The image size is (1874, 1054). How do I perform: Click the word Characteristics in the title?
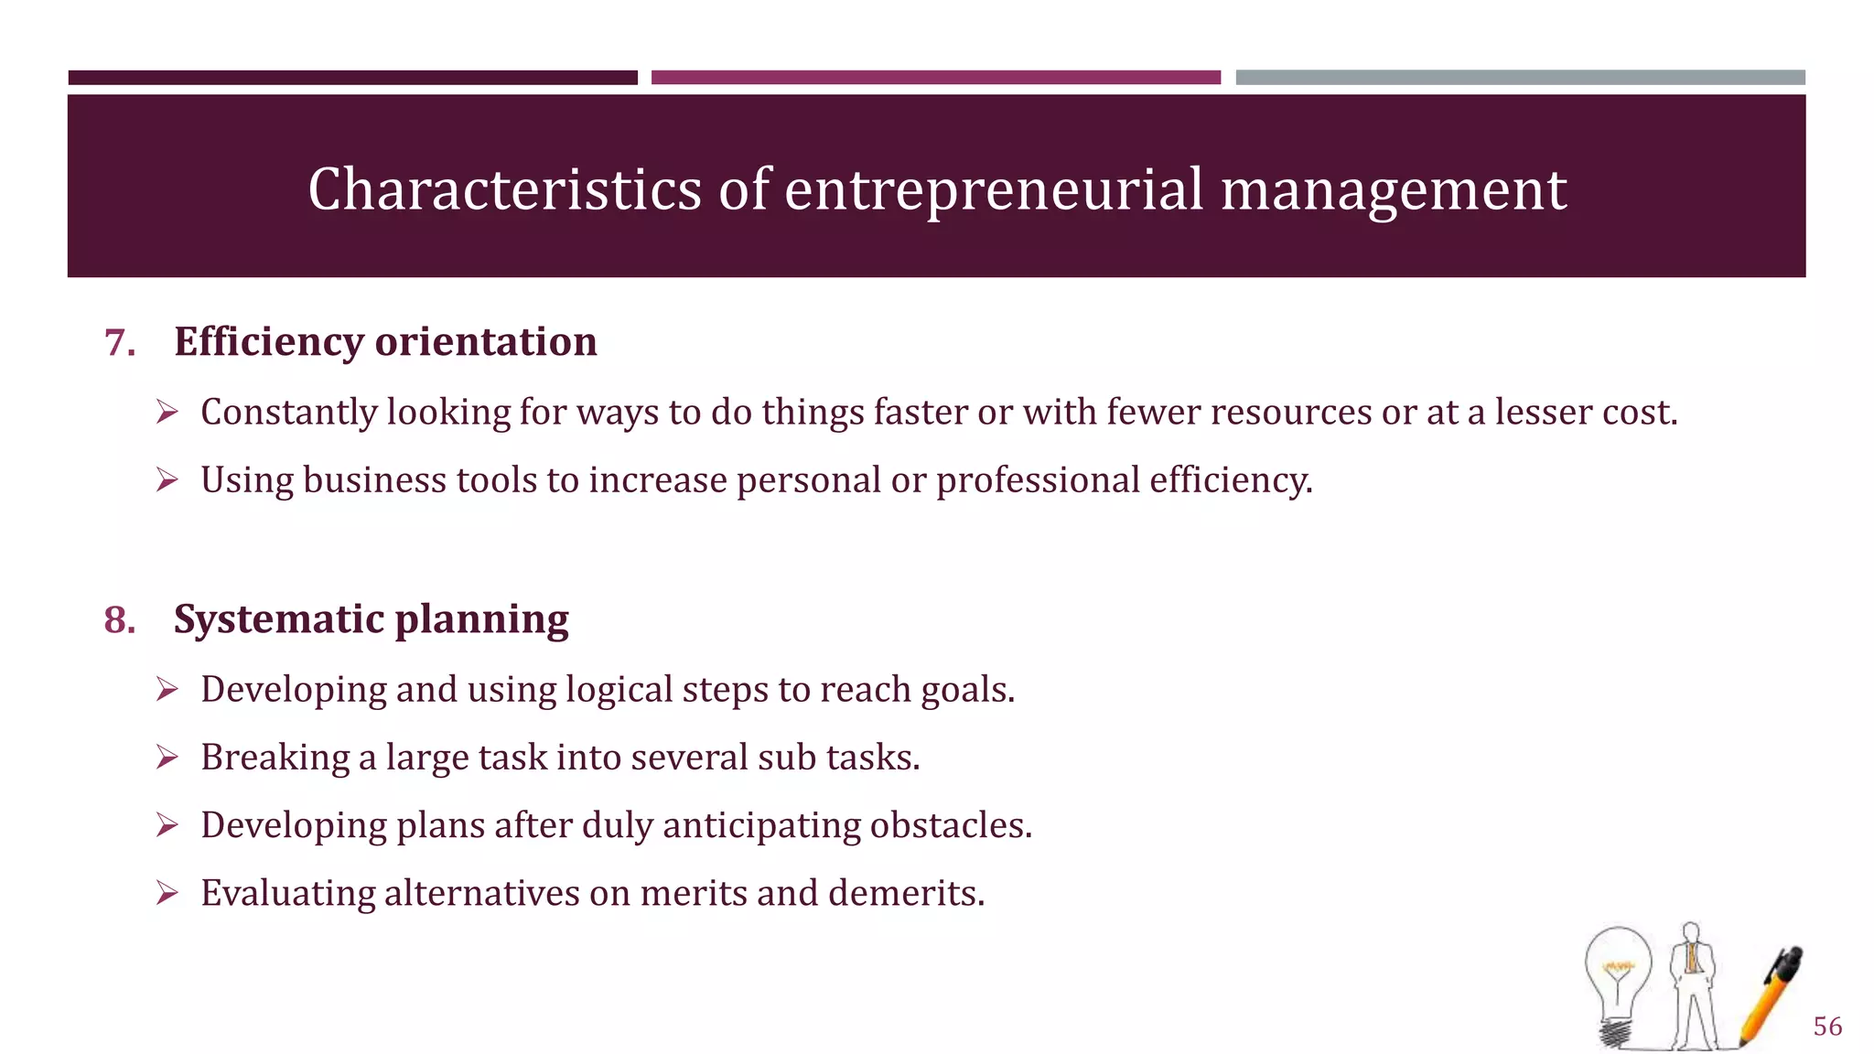click(504, 189)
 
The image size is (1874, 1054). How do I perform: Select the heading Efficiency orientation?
click(385, 341)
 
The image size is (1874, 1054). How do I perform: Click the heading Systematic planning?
click(371, 619)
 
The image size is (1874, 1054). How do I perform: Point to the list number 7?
click(120, 343)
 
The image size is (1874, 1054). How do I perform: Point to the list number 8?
click(120, 620)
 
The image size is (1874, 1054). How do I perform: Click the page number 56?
click(1827, 1026)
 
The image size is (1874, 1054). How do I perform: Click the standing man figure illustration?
click(1692, 984)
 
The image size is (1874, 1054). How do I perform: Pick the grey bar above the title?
click(1520, 78)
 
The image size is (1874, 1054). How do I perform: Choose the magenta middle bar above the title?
click(935, 78)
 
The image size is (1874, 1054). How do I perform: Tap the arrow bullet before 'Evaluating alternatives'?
click(167, 893)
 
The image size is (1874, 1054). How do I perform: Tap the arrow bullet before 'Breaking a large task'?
click(167, 758)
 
